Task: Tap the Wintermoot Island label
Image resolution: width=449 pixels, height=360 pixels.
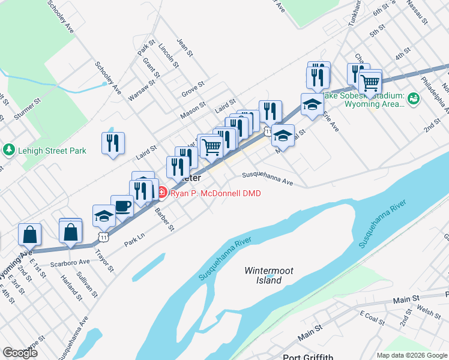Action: (x=269, y=275)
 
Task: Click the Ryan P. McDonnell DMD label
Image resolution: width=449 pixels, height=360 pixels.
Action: (x=211, y=193)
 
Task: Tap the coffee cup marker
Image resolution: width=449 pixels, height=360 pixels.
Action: (x=122, y=206)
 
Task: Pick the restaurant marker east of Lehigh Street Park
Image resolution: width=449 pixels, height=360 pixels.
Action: (x=113, y=144)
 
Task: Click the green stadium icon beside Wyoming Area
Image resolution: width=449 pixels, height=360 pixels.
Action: (x=413, y=98)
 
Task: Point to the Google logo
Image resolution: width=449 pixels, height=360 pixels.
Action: (x=20, y=352)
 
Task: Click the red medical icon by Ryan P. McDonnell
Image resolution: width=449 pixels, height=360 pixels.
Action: (x=163, y=193)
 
